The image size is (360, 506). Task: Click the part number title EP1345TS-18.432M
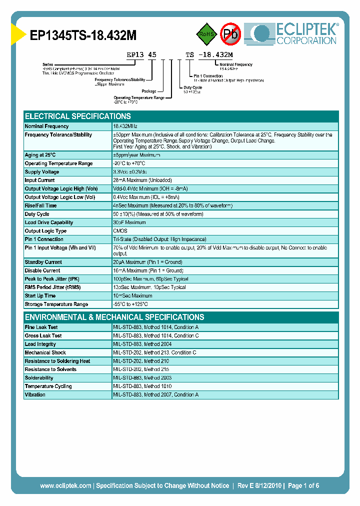pyautogui.click(x=83, y=35)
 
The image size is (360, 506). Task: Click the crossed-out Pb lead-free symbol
pyautogui.click(x=230, y=34)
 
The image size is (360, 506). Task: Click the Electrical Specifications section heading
pyautogui.click(x=78, y=116)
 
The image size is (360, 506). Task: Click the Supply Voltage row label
pyautogui.click(x=42, y=172)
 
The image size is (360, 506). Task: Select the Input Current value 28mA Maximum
pyautogui.click(x=142, y=180)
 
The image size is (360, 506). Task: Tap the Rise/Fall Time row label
pyautogui.click(x=41, y=205)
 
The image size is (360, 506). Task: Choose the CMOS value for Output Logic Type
pyautogui.click(x=120, y=231)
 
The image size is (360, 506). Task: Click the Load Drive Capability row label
pyautogui.click(x=49, y=222)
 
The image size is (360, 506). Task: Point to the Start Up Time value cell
pyautogui.click(x=132, y=296)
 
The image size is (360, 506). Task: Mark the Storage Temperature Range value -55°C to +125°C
pyautogui.click(x=130, y=304)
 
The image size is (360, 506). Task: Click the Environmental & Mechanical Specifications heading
pyautogui.click(x=114, y=317)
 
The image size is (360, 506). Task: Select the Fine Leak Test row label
pyautogui.click(x=41, y=327)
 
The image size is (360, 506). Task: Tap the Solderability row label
pyautogui.click(x=39, y=378)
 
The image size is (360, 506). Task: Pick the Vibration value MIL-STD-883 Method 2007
pyautogui.click(x=155, y=395)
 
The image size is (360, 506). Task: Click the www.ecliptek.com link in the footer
pyautogui.click(x=65, y=485)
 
